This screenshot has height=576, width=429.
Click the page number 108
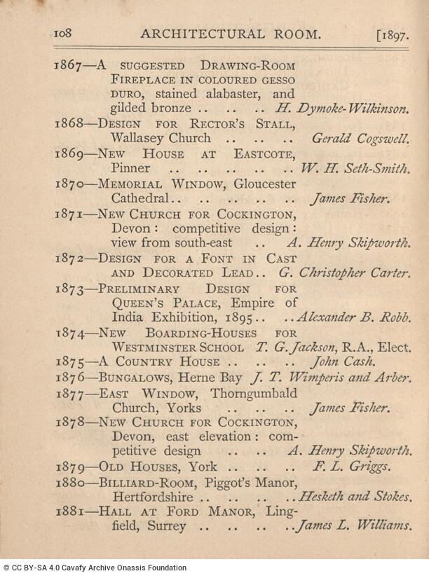(64, 33)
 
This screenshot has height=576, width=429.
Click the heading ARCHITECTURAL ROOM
(231, 34)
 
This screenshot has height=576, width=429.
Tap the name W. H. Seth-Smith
(355, 168)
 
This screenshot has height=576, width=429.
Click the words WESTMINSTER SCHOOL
(178, 347)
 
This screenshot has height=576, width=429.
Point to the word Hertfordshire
(153, 497)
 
